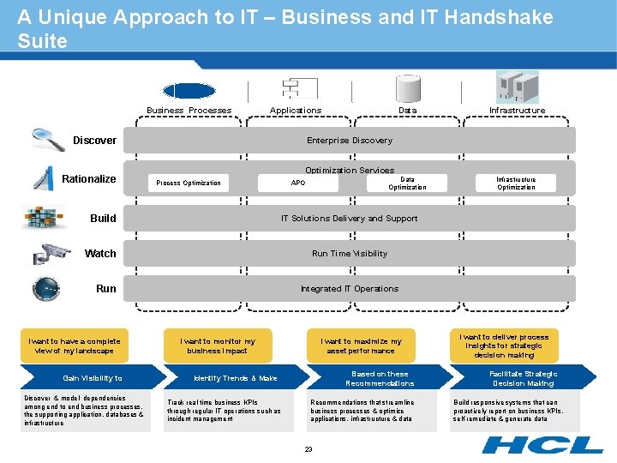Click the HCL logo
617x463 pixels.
[x=542, y=444]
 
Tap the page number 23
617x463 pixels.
[x=308, y=448]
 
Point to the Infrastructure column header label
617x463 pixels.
[x=517, y=111]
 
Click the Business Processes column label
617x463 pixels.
[x=189, y=111]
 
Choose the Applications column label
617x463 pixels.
[x=296, y=111]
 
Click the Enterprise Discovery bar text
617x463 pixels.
[x=350, y=141]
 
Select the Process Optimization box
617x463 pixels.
[x=189, y=183]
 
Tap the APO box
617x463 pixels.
[x=298, y=183]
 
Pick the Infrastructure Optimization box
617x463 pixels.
[x=516, y=183]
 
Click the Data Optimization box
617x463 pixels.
[x=407, y=183]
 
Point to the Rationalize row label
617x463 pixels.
[x=89, y=179]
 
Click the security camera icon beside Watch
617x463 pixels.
[x=51, y=254]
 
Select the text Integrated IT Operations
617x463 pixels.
[x=350, y=289]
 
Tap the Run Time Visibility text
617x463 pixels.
[x=350, y=254]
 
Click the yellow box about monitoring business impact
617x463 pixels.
[x=218, y=346]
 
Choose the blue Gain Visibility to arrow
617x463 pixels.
[x=93, y=378]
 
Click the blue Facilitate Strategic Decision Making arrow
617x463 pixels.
[x=523, y=378]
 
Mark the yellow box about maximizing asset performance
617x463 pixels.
[x=361, y=346]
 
